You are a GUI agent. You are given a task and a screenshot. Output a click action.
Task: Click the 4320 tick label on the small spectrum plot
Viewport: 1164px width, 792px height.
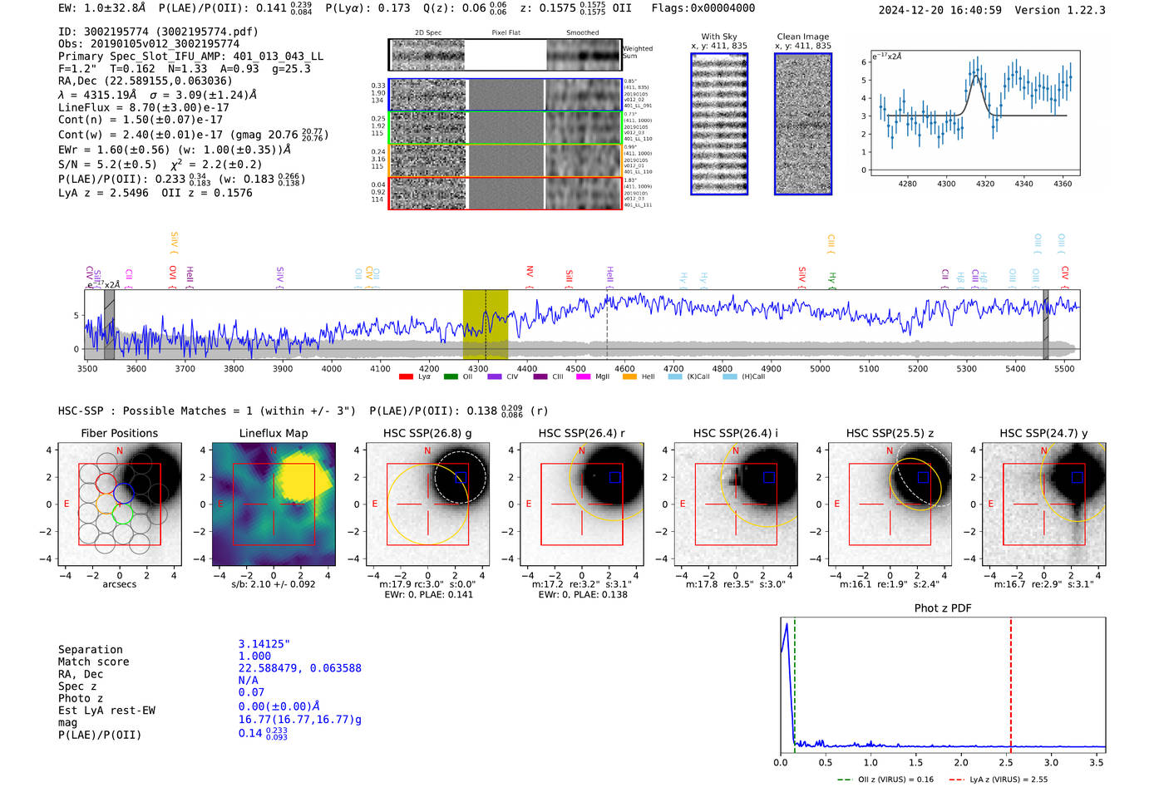985,184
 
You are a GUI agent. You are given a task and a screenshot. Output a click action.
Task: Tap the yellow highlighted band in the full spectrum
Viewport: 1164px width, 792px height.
485,324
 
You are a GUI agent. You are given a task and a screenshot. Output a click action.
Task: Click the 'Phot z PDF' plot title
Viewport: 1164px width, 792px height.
943,608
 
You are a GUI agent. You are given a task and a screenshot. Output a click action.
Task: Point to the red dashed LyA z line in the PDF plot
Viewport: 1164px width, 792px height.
1011,681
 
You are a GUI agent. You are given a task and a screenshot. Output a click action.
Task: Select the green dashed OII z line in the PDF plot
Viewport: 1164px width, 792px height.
795,681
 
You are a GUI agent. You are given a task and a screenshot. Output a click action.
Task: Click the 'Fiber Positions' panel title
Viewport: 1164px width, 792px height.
119,433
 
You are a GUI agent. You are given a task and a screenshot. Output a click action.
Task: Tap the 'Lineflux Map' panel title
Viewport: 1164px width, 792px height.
274,433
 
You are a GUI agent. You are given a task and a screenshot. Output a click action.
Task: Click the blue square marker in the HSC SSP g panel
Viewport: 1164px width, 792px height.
461,478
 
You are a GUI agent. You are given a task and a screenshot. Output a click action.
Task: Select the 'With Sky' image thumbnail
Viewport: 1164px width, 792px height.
719,124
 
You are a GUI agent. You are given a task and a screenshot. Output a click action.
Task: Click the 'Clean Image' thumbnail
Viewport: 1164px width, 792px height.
803,124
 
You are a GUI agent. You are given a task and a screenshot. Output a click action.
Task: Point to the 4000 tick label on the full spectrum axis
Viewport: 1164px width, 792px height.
331,369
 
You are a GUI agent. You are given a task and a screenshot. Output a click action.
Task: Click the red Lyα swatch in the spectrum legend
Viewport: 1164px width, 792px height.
406,377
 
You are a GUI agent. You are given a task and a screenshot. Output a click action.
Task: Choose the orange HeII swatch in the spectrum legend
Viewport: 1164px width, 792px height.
629,377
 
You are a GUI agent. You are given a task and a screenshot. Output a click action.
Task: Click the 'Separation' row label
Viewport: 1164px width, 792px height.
90,650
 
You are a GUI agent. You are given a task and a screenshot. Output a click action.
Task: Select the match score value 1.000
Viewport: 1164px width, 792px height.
254,656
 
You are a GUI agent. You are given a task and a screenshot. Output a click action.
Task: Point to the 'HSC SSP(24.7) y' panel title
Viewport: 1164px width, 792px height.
1043,433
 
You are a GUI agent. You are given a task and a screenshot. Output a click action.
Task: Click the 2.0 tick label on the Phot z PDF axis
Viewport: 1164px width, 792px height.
960,762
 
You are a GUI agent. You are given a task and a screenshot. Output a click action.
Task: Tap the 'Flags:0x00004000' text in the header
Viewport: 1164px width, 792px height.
703,8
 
